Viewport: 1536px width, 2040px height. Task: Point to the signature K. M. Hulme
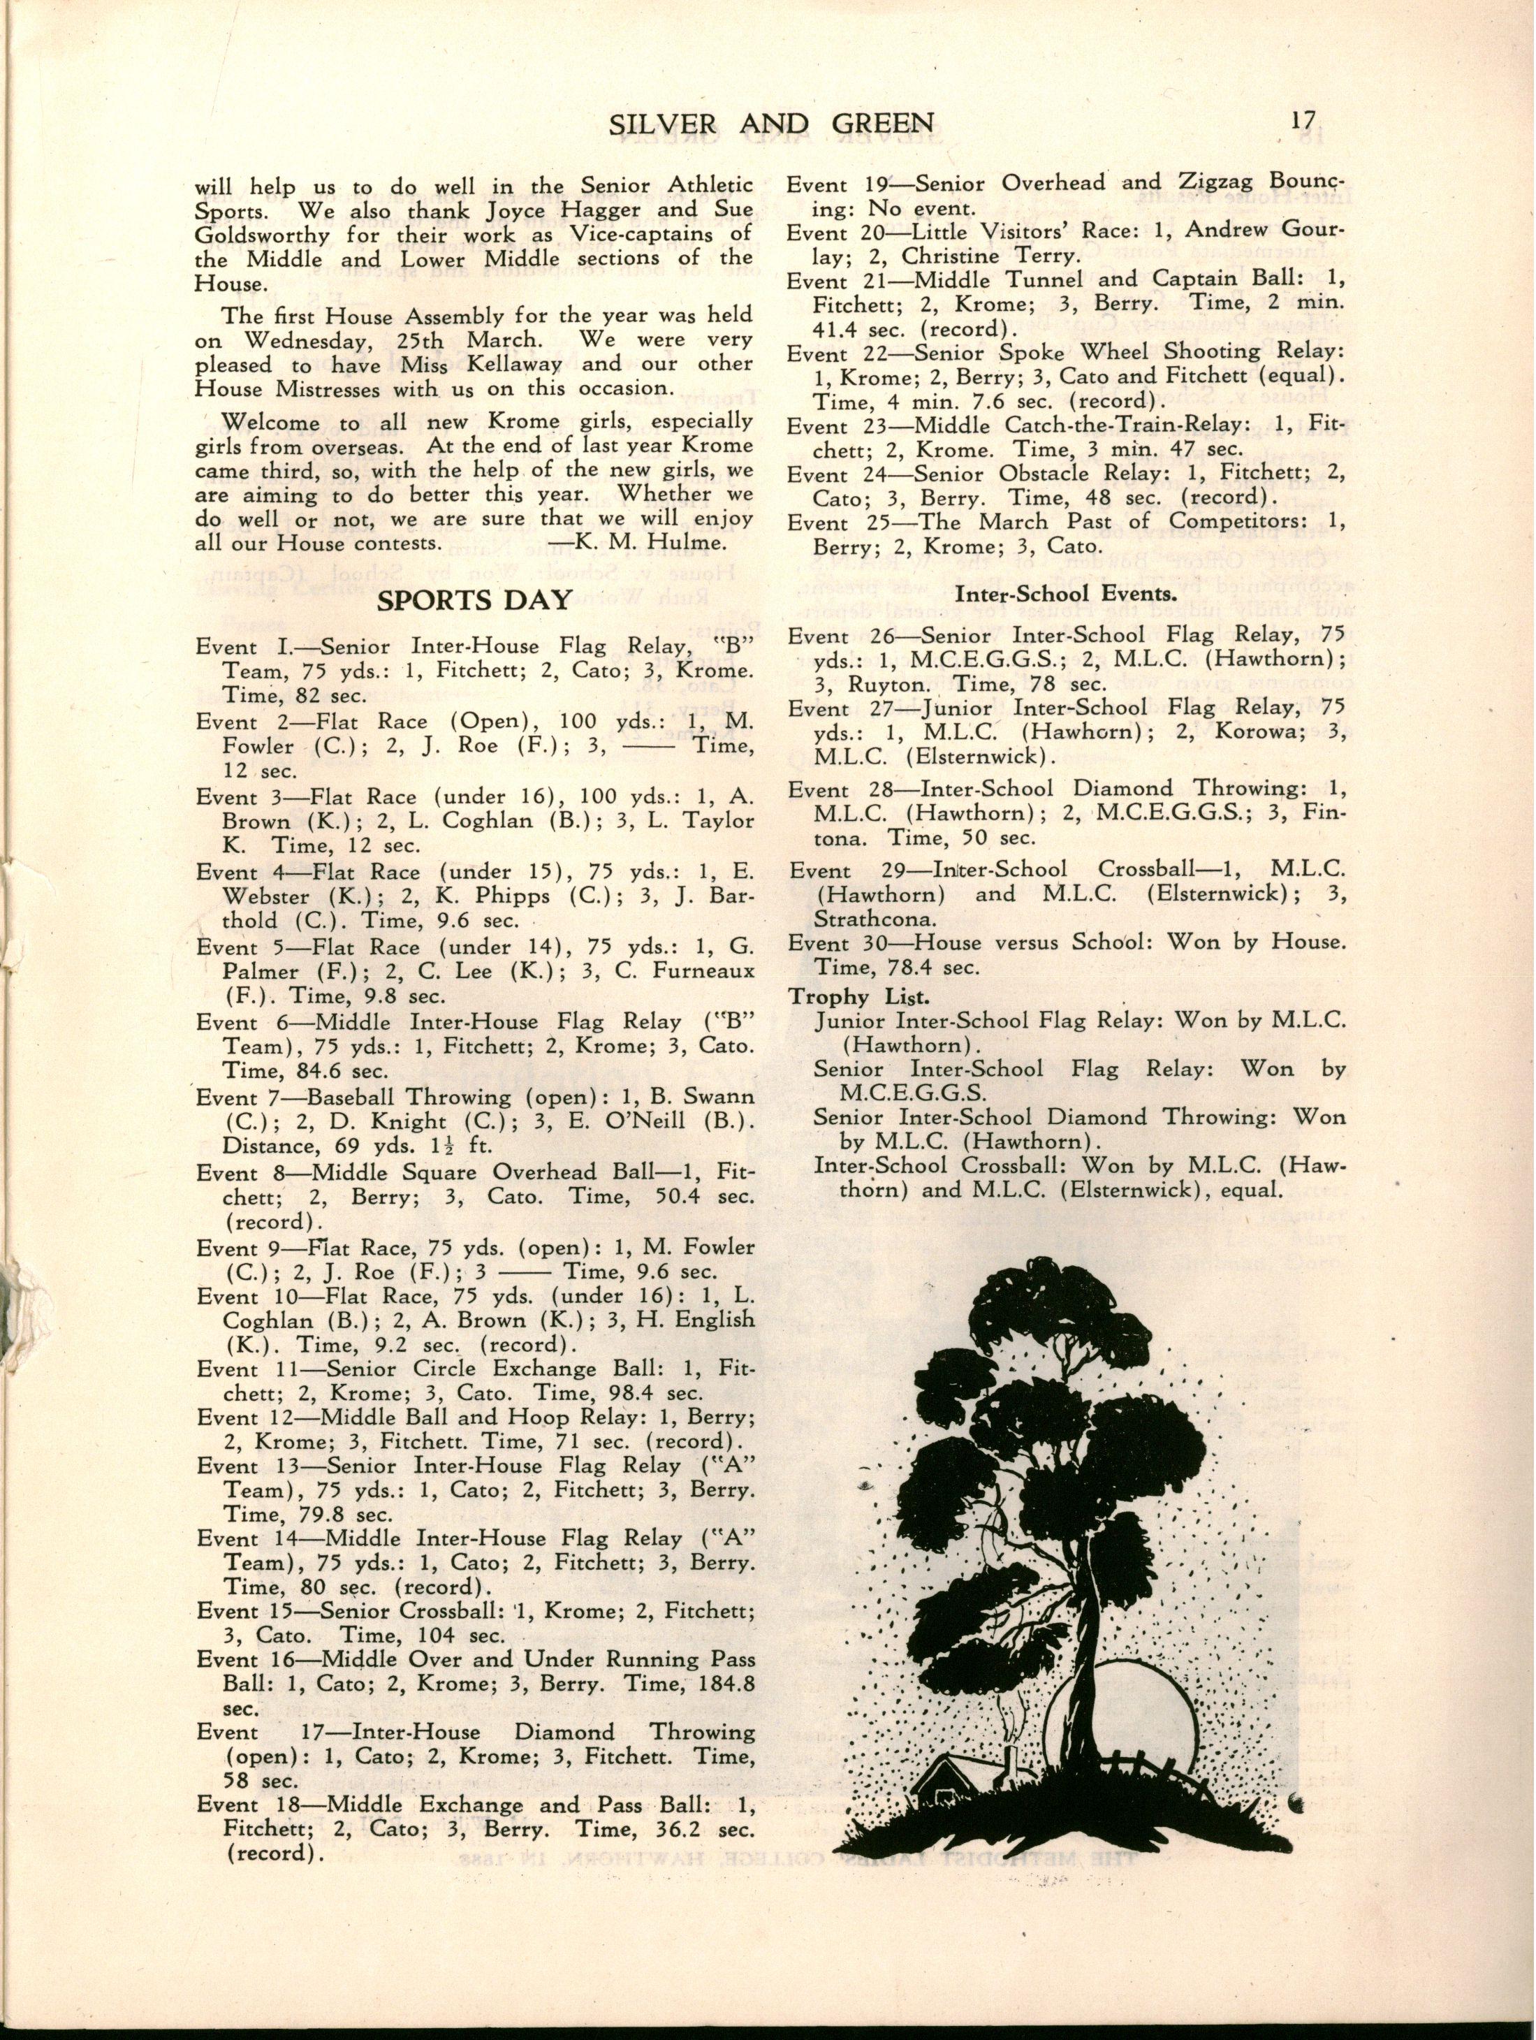click(645, 544)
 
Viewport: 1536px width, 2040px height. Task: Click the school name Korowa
click(1217, 733)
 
